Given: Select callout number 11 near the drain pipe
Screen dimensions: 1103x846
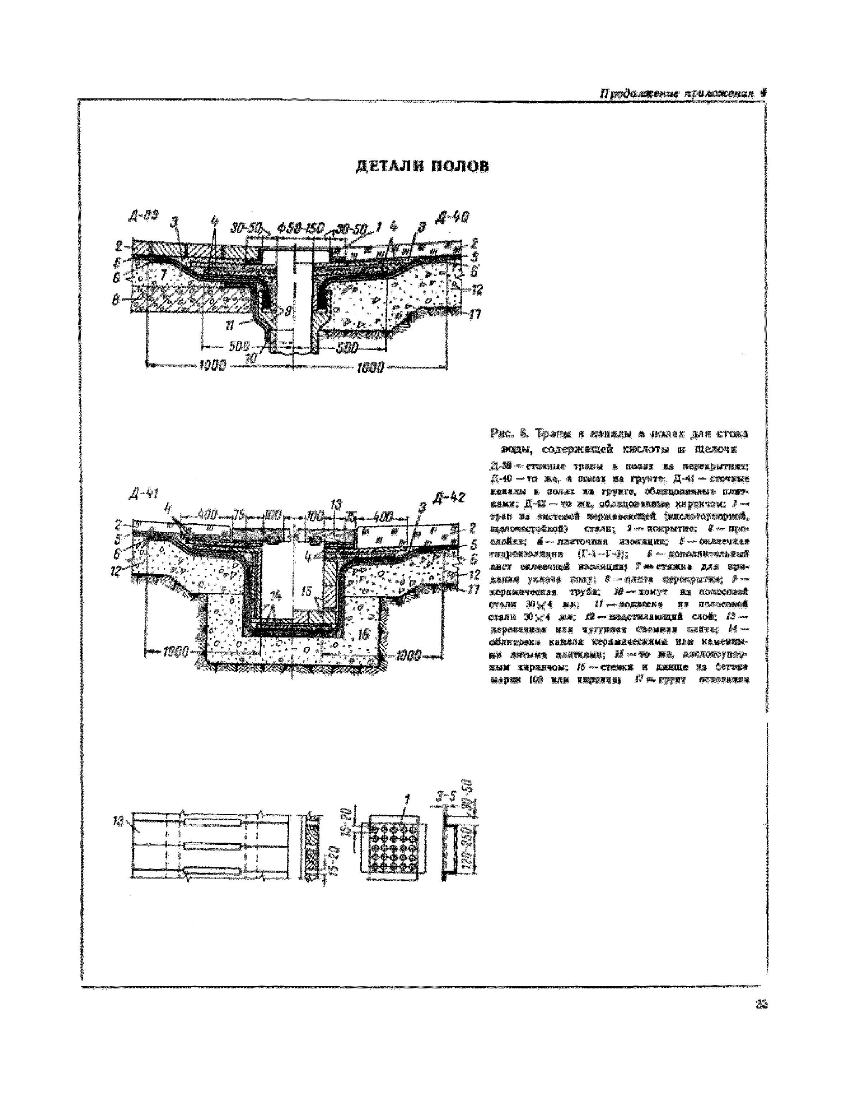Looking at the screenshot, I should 229,325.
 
